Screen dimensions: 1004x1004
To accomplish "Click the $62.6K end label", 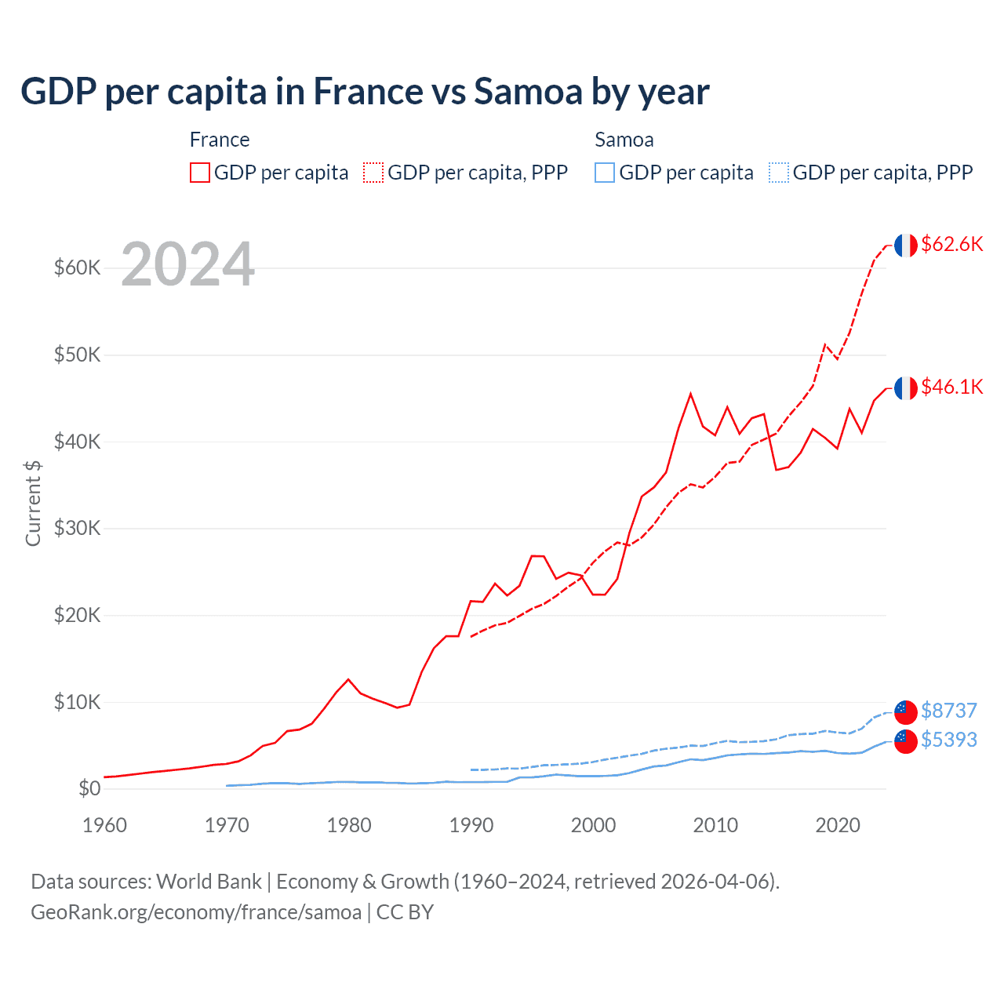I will click(951, 244).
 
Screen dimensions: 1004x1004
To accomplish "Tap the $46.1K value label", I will click(951, 387).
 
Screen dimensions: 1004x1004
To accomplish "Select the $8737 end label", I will click(948, 711).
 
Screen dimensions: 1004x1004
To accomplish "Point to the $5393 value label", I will click(948, 740).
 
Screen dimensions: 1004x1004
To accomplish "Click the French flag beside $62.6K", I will click(906, 246).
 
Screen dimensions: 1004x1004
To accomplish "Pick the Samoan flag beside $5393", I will click(906, 741).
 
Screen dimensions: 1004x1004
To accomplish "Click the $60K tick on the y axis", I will click(78, 268).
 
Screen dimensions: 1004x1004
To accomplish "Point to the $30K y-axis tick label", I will click(78, 528).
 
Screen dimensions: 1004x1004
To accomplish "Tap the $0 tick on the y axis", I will click(89, 788).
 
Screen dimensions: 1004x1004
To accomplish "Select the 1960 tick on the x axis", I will click(104, 825).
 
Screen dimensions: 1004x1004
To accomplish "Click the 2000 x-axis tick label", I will click(594, 825).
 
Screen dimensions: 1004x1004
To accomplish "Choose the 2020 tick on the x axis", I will click(838, 825).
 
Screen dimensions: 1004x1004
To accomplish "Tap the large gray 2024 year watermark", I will click(187, 265).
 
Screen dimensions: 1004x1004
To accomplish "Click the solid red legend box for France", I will click(200, 173).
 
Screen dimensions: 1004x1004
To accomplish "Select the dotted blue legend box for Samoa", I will click(779, 173).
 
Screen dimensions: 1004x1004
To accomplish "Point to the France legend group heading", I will click(220, 140).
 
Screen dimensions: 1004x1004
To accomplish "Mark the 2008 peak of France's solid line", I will click(690, 394).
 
